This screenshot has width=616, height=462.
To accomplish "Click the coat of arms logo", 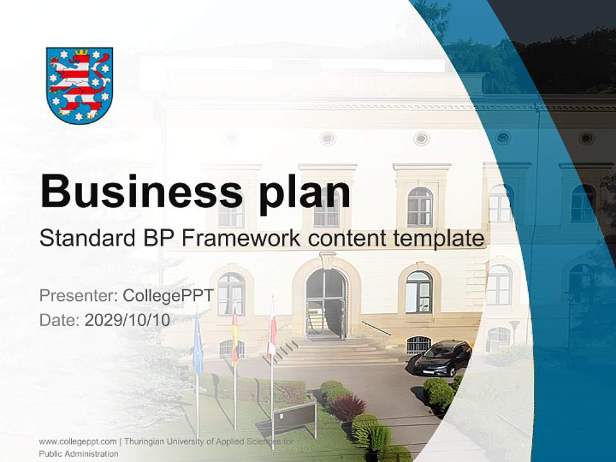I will tap(80, 85).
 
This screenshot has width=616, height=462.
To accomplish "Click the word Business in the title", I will tap(141, 191).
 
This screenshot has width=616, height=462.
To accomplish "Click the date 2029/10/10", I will tap(128, 320).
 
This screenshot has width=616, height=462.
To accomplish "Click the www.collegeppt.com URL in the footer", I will tap(78, 442).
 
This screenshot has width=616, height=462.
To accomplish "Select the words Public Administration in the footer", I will tap(79, 454).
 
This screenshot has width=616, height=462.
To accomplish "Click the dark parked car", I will tap(443, 359).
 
